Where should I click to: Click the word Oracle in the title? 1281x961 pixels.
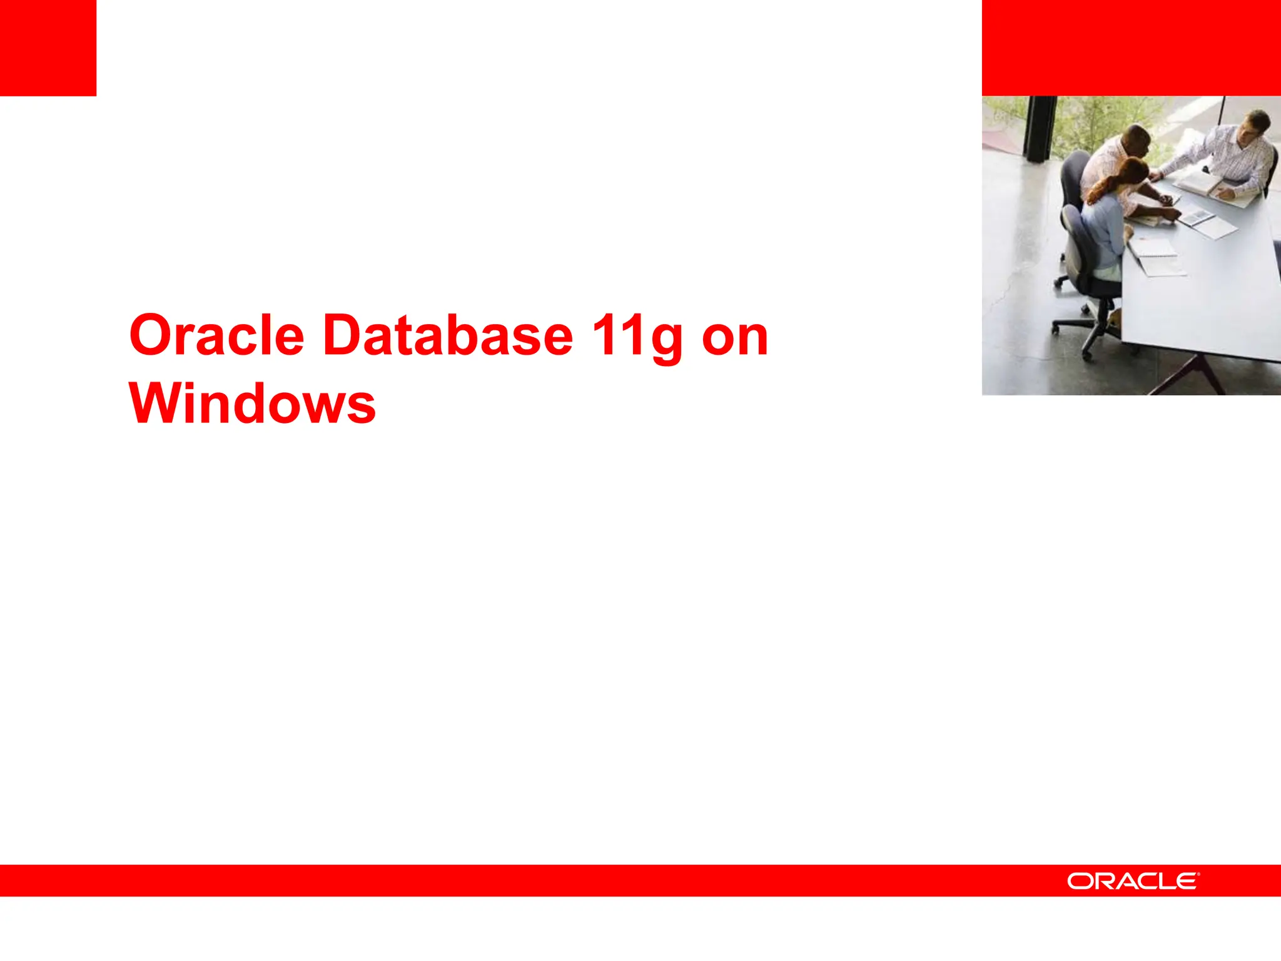(x=216, y=336)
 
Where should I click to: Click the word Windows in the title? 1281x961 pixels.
(x=252, y=404)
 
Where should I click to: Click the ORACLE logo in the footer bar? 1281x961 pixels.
(x=1133, y=881)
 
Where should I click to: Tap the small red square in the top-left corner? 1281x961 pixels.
(x=48, y=48)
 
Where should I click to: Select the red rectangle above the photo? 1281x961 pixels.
(x=1131, y=48)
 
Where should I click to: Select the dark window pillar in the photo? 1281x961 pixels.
(x=1040, y=128)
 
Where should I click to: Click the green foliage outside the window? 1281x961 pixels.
(x=1101, y=122)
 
